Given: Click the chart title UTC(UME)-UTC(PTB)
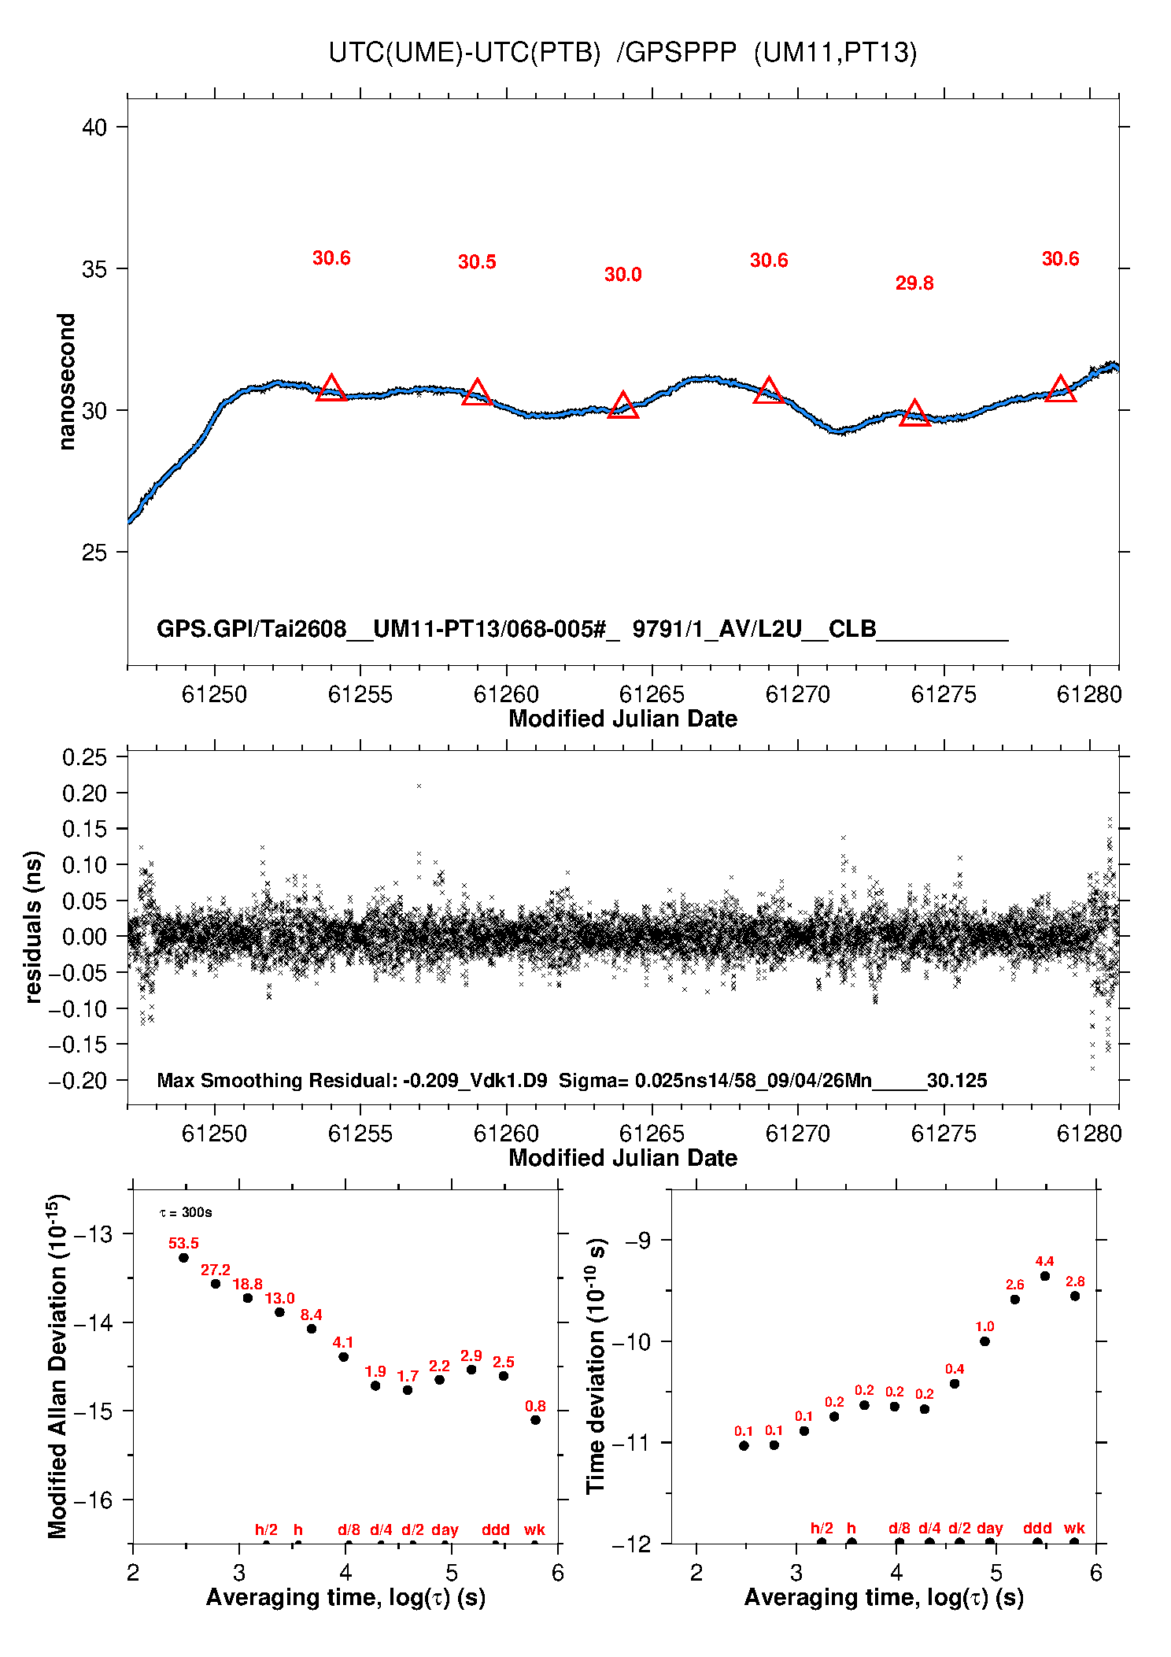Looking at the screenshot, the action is point(464,53).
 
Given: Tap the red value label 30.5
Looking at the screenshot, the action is point(477,262).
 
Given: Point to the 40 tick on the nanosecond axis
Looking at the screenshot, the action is point(94,127).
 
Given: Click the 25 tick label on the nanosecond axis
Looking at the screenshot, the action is point(94,553).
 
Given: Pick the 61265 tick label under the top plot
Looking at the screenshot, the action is point(652,694).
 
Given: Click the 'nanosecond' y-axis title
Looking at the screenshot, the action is point(67,382).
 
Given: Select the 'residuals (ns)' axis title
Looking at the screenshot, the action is point(33,927).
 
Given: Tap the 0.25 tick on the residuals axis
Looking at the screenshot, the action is point(84,757).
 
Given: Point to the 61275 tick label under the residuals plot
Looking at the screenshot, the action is point(944,1134).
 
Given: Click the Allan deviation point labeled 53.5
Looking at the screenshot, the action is point(183,1257).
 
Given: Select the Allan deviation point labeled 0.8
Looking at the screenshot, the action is point(535,1420).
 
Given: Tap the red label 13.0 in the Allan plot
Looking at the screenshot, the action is point(279,1298).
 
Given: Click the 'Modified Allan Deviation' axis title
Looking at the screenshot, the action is point(57,1366).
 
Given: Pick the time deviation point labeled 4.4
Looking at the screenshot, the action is point(1044,1276).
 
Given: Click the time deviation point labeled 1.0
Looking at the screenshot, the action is point(984,1341).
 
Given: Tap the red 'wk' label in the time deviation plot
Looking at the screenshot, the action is point(1074,1529).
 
